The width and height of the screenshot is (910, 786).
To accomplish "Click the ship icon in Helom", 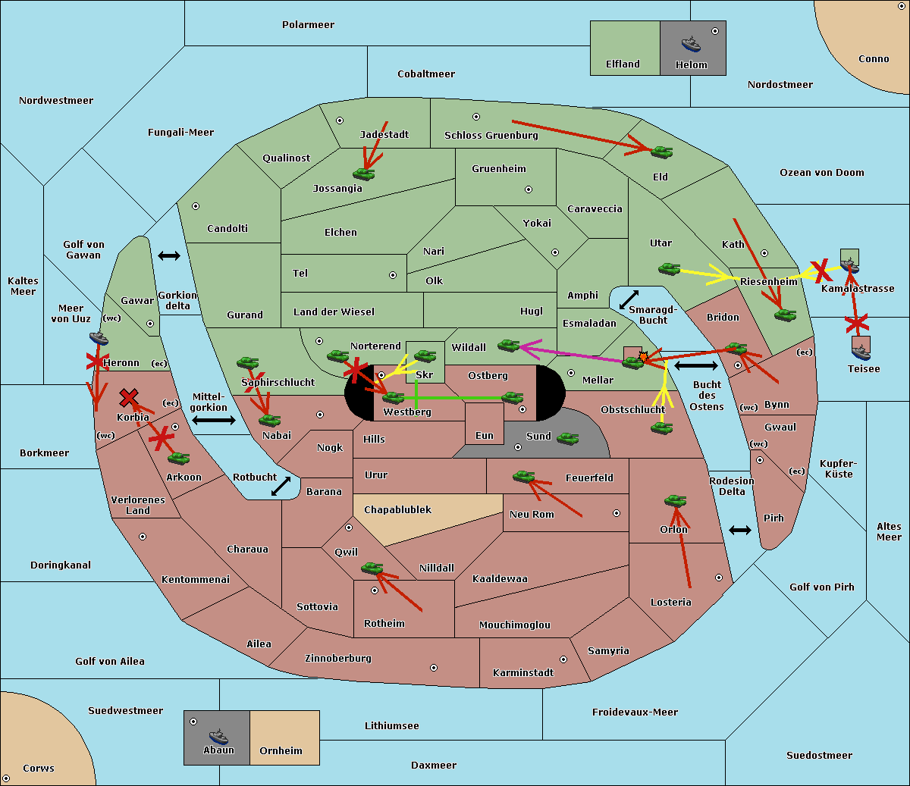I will pyautogui.click(x=691, y=44).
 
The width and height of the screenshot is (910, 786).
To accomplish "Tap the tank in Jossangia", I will pyautogui.click(x=364, y=174).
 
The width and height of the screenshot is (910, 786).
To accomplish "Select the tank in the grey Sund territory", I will pyautogui.click(x=568, y=438).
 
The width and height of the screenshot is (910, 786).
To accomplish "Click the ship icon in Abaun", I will pyautogui.click(x=218, y=736).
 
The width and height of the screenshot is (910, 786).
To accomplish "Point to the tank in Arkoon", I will pyautogui.click(x=178, y=458).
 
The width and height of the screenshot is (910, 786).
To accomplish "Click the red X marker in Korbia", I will pyautogui.click(x=129, y=397).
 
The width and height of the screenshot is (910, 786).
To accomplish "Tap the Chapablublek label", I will pyautogui.click(x=397, y=509).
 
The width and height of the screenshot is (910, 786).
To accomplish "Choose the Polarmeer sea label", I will pyautogui.click(x=308, y=25).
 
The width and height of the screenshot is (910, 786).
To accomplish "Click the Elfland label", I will pyautogui.click(x=623, y=64).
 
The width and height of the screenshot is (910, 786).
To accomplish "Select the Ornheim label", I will pyautogui.click(x=281, y=751).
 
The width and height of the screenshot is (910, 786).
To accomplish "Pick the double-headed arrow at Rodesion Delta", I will pyautogui.click(x=740, y=530).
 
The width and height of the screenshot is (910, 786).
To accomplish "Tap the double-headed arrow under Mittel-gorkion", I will pyautogui.click(x=213, y=420).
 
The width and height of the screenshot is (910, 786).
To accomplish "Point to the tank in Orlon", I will pyautogui.click(x=675, y=501).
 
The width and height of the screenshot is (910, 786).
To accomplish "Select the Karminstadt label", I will pyautogui.click(x=523, y=673).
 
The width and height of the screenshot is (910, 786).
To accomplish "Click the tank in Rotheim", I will pyautogui.click(x=372, y=568).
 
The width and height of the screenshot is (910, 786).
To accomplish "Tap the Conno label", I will pyautogui.click(x=874, y=59).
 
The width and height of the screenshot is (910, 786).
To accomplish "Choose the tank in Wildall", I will pyautogui.click(x=509, y=346).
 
